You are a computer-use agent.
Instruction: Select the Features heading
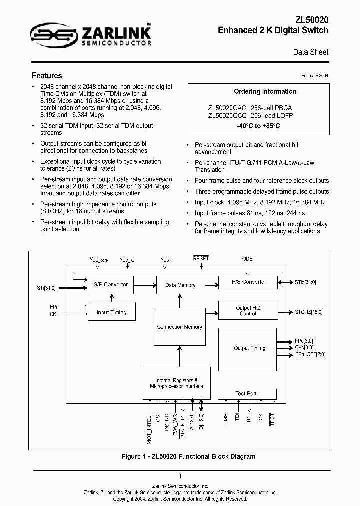tap(47, 76)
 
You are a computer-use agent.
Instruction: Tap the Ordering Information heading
tap(265, 92)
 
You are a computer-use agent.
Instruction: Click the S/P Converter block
tap(110, 284)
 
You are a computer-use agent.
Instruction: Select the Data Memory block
tap(180, 285)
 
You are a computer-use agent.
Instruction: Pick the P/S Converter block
tap(249, 282)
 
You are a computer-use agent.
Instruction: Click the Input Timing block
tap(111, 312)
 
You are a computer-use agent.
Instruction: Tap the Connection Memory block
tap(179, 327)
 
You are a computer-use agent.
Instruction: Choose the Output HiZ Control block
tap(248, 311)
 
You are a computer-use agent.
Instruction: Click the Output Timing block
tap(249, 348)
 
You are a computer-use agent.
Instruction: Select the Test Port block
tap(246, 393)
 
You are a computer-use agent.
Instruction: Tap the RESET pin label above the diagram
tap(200, 258)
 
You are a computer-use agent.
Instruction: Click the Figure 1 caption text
tap(188, 456)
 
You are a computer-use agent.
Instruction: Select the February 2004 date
tap(315, 76)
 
